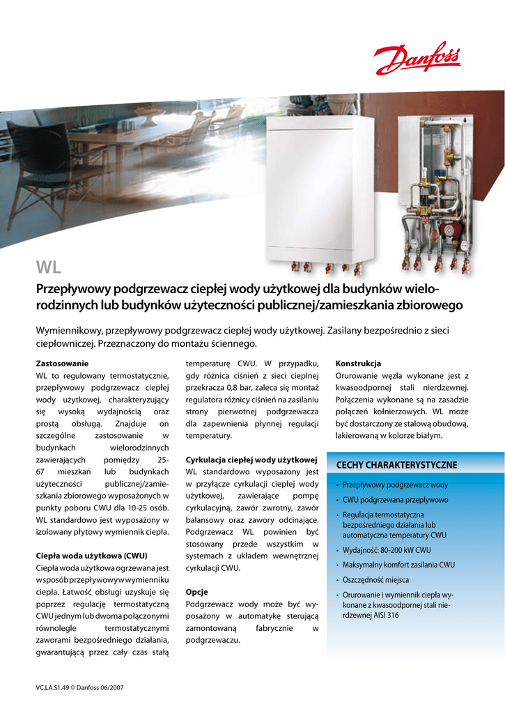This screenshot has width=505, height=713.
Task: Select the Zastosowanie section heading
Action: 62,363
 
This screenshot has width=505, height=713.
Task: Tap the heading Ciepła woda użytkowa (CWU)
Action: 91,556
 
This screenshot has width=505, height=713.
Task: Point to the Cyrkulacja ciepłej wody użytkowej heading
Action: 251,460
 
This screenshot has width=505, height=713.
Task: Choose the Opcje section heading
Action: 196,592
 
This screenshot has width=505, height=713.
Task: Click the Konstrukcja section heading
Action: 358,363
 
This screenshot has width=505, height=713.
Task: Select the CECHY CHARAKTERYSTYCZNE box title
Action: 396,464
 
